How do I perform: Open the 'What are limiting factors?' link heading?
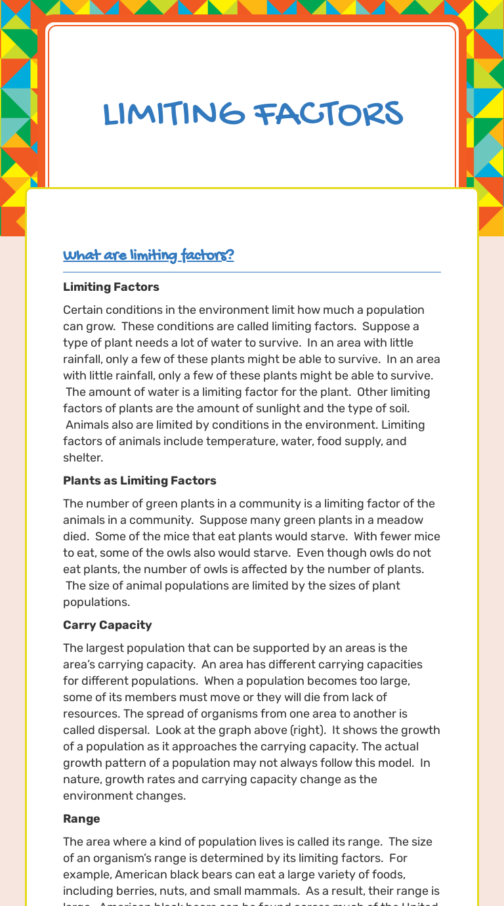point(148,255)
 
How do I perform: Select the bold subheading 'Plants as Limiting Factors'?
point(139,481)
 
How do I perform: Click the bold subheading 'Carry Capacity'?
point(107,625)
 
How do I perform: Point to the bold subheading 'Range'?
point(81,819)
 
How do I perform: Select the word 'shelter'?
point(83,458)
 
